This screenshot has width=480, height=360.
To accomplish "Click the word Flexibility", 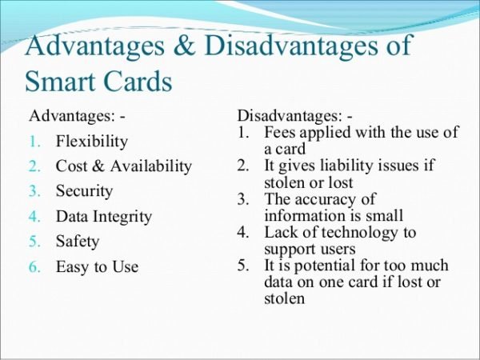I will [x=91, y=142].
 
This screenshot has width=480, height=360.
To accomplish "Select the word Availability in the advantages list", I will [x=156, y=166].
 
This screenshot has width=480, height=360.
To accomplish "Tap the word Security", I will [x=84, y=191].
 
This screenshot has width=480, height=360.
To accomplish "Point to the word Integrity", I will [x=122, y=217].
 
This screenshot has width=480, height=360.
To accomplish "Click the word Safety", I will [x=78, y=242].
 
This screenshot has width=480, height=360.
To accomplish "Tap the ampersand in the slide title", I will [x=185, y=46].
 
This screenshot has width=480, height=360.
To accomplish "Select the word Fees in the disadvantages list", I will [x=279, y=133].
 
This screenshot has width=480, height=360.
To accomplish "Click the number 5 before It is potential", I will [x=242, y=266].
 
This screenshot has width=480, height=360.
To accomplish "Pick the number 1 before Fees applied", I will [x=242, y=133].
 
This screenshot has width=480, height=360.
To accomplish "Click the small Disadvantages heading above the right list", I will [x=282, y=117].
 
